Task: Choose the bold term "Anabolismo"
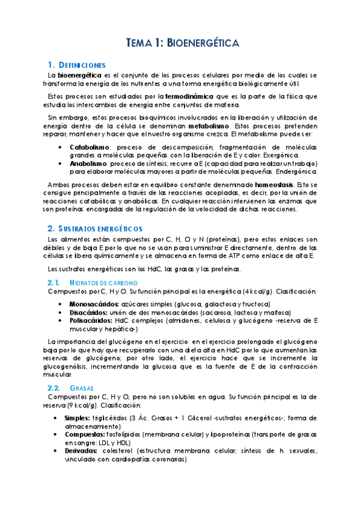pyautogui.click(x=88, y=163)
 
